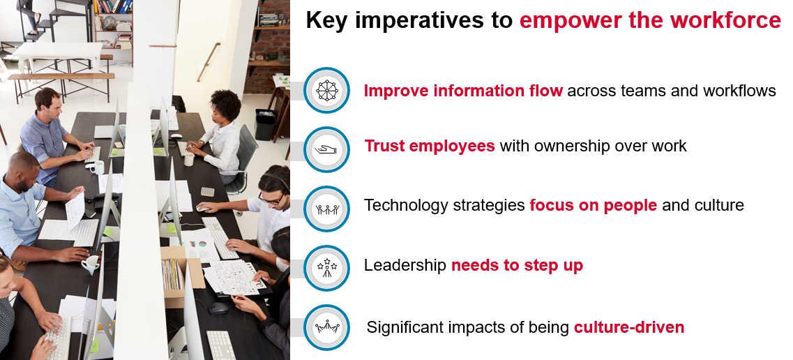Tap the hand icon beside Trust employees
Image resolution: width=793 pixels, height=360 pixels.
[x=326, y=149]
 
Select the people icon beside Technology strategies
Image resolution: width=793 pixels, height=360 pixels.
[x=326, y=209]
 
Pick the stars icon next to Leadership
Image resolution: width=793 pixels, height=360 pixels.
[x=326, y=268]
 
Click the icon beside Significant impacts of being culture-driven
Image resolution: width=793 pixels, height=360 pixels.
[x=326, y=327]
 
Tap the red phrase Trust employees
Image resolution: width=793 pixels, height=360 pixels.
[x=430, y=146]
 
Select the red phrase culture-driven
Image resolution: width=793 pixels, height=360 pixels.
[x=628, y=327]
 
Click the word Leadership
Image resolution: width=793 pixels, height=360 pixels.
[x=405, y=265]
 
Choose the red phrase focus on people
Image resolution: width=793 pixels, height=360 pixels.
[x=594, y=205]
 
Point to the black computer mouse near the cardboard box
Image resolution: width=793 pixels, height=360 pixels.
[x=218, y=308]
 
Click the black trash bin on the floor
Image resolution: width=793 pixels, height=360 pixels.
[x=265, y=124]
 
